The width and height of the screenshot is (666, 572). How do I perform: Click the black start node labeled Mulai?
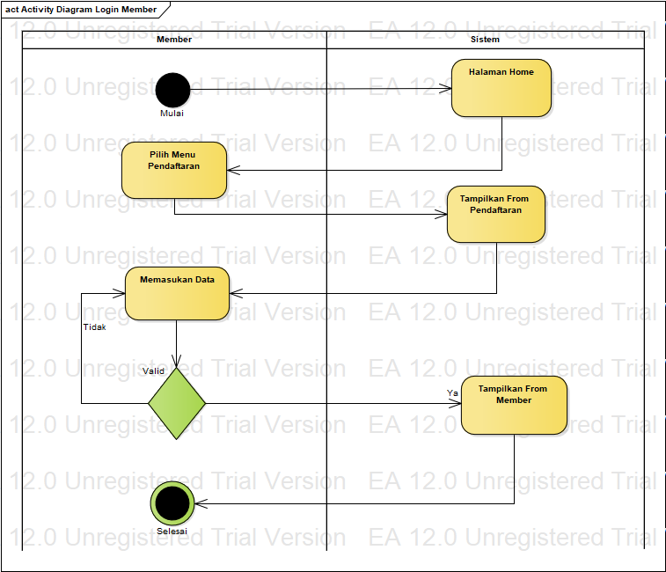tap(172, 89)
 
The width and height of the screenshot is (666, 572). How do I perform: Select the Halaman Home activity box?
tap(501, 88)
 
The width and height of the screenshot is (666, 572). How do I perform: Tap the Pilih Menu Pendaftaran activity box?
tap(174, 170)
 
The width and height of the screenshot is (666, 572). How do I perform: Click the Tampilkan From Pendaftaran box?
tap(496, 214)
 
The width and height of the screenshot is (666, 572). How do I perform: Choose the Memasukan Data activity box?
tap(177, 293)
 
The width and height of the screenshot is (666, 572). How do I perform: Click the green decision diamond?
tap(177, 403)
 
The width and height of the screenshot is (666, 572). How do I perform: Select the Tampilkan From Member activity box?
tap(514, 406)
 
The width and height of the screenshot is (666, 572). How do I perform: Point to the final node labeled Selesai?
tap(172, 503)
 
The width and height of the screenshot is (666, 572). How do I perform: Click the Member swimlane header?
tap(174, 40)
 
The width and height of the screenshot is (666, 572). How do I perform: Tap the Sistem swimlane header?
tap(485, 40)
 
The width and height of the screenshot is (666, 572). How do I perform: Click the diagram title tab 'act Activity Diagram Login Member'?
tap(81, 10)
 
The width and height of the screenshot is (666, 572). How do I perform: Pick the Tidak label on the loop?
tap(94, 326)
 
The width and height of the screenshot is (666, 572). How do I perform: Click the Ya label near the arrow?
tap(452, 392)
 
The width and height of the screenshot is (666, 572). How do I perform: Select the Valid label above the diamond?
tap(153, 370)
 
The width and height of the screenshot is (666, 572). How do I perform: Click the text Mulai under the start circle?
tap(172, 113)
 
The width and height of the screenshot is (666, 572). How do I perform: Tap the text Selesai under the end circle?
tap(172, 531)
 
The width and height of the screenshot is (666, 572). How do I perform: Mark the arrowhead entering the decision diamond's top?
tap(177, 362)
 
